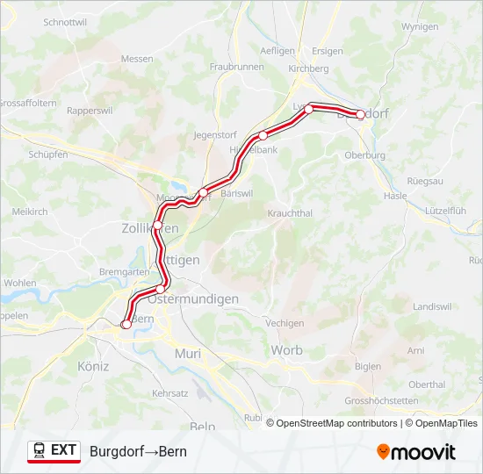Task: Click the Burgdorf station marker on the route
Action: (x=360, y=114)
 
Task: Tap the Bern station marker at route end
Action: (x=126, y=325)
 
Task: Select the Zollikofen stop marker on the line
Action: (x=157, y=226)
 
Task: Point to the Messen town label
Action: (x=137, y=59)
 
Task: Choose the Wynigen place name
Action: (x=419, y=27)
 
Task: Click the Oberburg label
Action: (x=365, y=155)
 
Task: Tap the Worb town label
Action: (x=286, y=350)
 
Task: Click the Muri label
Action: (x=188, y=353)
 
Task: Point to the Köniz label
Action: (x=93, y=366)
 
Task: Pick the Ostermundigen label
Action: (x=193, y=299)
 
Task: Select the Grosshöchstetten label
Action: (x=381, y=400)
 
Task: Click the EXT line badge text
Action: (x=63, y=450)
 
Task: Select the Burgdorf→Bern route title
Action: (x=138, y=451)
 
